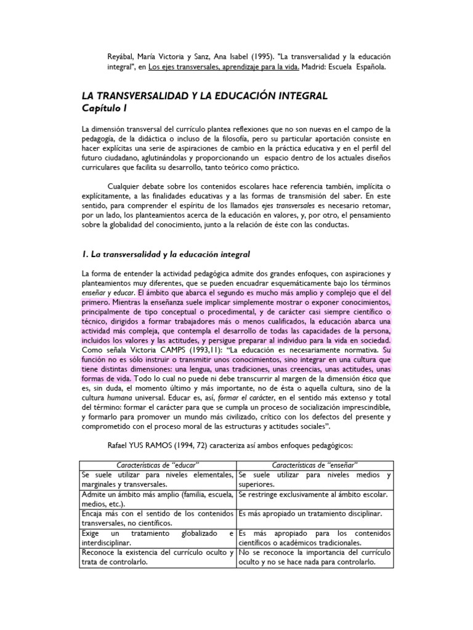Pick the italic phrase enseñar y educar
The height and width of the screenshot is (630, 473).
[108, 293]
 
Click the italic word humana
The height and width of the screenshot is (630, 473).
[116, 402]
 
